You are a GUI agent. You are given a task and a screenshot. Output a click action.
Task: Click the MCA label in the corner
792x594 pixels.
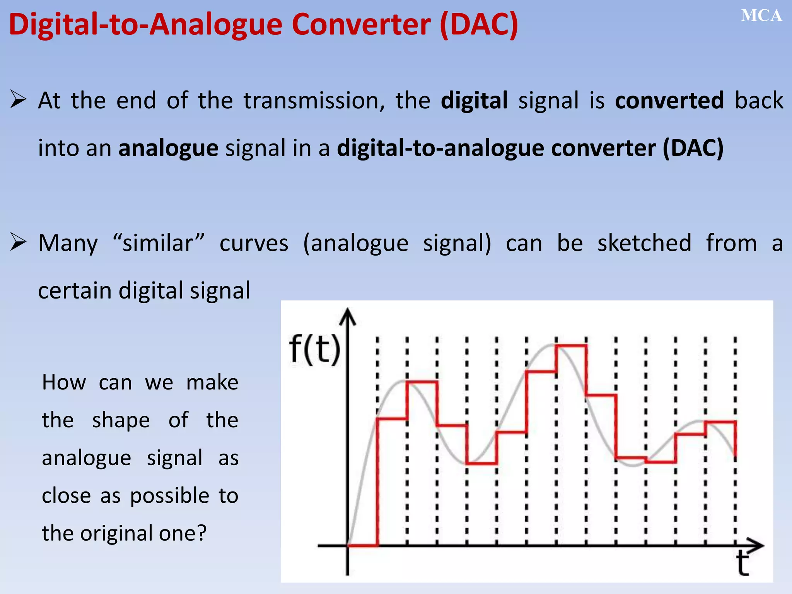[761, 16]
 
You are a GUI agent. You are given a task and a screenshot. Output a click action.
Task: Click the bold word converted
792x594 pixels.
[669, 101]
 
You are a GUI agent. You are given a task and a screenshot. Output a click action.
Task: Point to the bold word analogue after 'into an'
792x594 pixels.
[168, 148]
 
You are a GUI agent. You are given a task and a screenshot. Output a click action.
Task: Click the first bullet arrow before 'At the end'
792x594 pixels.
[18, 99]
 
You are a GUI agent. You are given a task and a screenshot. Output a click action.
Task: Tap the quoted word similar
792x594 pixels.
[158, 243]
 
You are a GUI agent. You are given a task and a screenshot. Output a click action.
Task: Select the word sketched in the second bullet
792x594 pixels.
[644, 243]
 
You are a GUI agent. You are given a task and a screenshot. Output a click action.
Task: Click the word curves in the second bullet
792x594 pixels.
[254, 244]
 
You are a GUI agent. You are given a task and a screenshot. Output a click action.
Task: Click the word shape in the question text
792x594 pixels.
[121, 420]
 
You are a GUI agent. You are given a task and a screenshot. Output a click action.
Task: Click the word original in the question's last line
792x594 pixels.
[116, 533]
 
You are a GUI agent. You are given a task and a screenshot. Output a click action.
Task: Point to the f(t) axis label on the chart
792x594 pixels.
[315, 350]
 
